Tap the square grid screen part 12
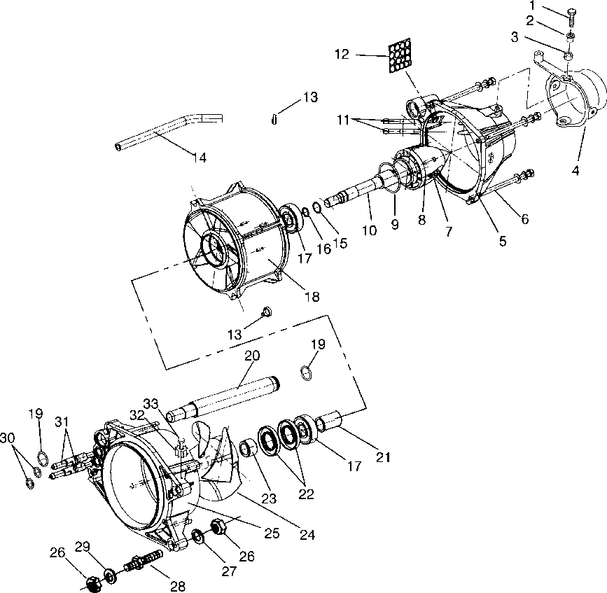(x=401, y=55)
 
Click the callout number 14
(x=200, y=158)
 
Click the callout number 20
(x=252, y=356)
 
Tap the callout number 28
(x=178, y=587)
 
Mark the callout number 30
(x=8, y=438)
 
